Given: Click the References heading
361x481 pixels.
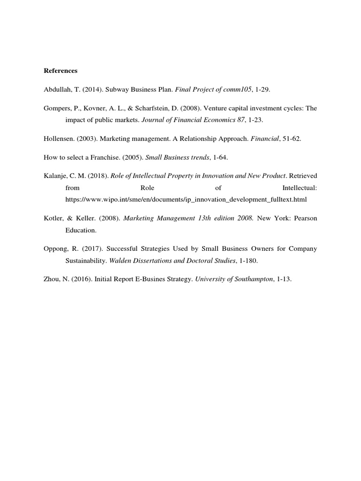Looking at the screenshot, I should click(61, 71).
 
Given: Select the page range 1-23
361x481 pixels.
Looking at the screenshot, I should click(255, 120).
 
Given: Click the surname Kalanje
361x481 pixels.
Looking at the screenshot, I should click(57, 176).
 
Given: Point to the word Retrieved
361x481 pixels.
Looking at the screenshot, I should click(303, 176).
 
